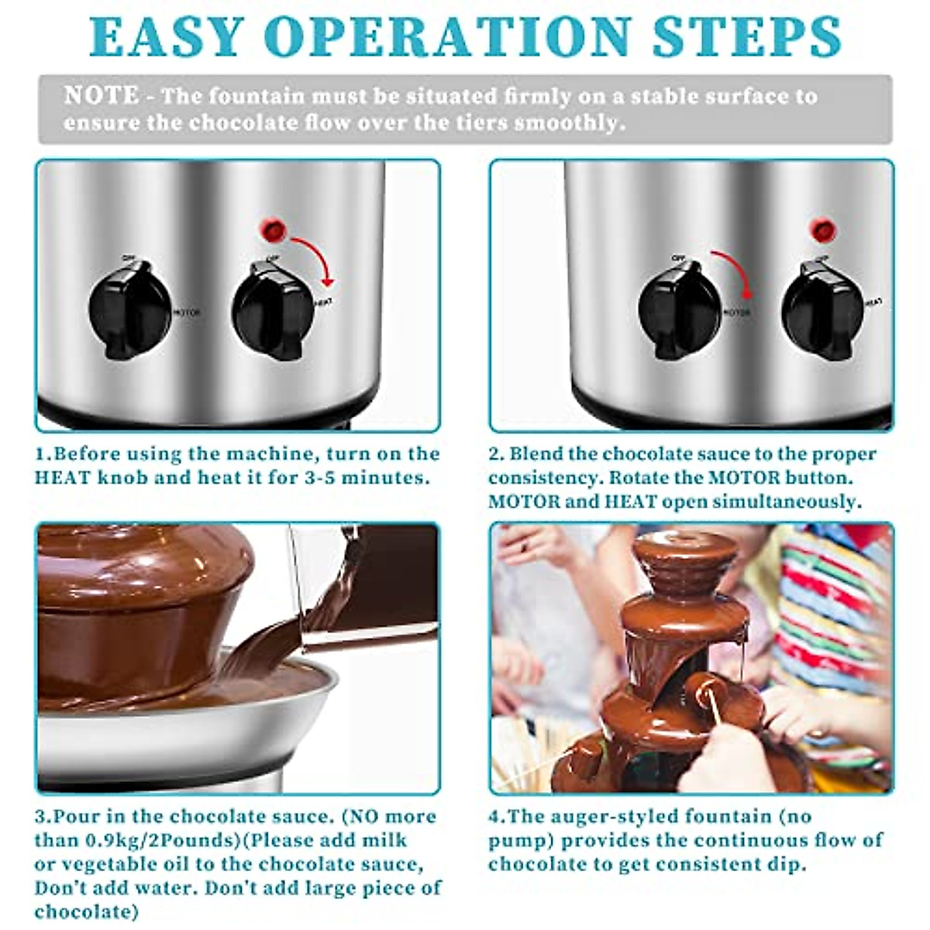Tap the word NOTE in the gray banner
(102, 96)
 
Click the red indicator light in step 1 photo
(273, 229)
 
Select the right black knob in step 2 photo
(822, 310)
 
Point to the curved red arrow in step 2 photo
(733, 271)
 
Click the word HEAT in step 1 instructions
(61, 477)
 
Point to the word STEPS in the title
(746, 36)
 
